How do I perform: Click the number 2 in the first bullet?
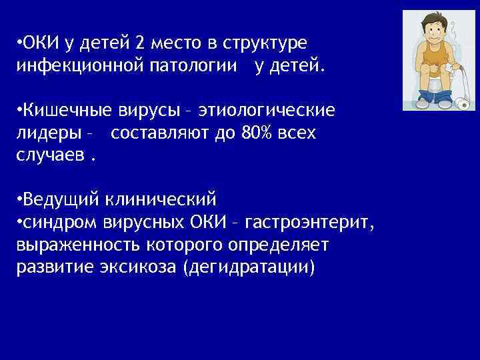coord(138,44)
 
